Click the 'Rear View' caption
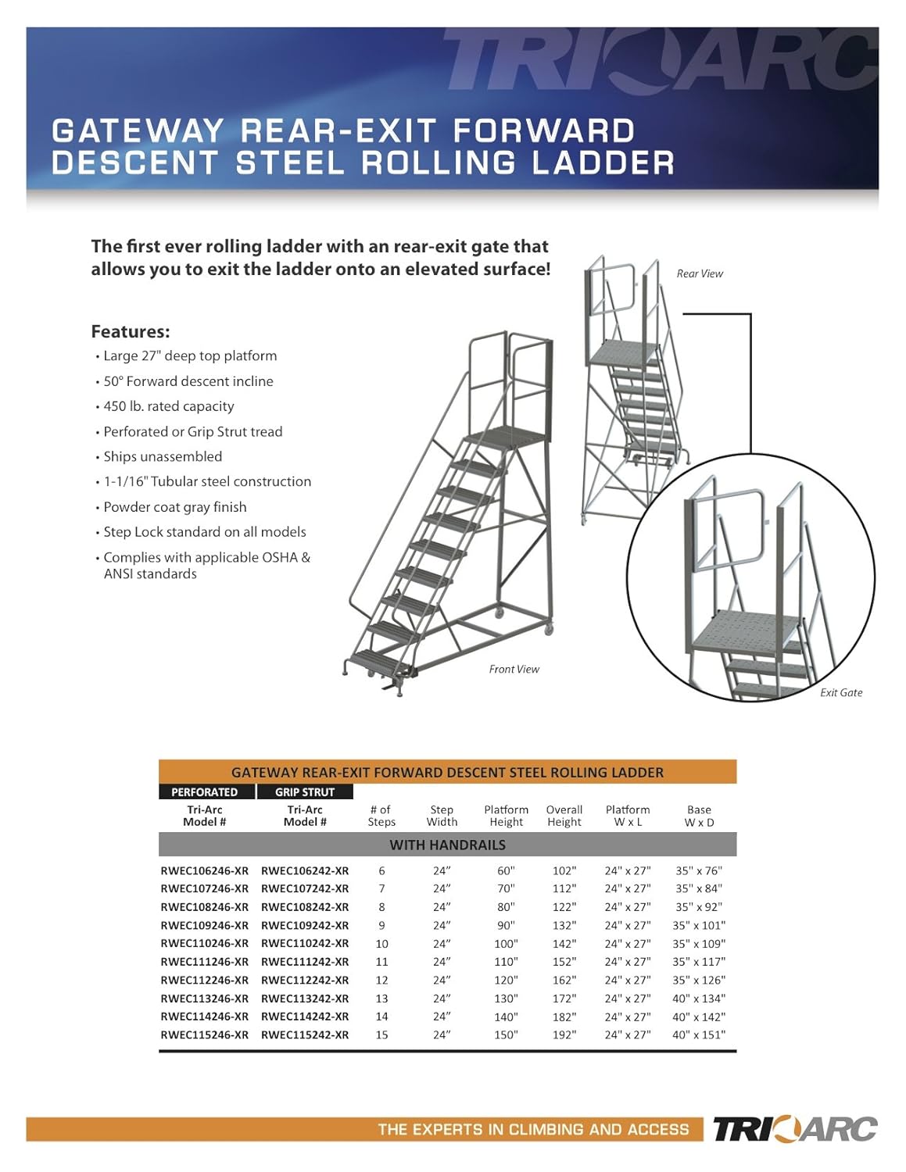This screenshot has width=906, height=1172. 700,273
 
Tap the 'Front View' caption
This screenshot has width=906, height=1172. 514,669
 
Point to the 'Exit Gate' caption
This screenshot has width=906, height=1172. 841,692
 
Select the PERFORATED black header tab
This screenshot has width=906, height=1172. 205,791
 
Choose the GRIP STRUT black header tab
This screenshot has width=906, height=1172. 305,791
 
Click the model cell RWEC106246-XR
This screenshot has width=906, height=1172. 205,870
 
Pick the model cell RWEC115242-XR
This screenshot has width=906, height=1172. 305,1034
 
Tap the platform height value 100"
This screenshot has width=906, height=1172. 506,944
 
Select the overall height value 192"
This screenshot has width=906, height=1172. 564,1034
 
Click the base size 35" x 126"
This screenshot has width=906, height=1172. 699,980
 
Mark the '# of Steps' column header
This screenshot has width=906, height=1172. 381,816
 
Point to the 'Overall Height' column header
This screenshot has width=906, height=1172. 564,816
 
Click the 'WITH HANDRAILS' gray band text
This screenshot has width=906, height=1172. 447,845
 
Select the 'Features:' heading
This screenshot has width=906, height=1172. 131,331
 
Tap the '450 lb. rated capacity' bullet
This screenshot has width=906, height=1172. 169,406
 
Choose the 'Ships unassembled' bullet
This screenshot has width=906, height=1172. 163,456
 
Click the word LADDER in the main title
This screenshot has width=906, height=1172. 603,163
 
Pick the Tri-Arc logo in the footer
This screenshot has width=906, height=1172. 794,1129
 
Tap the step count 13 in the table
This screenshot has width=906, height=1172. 381,999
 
